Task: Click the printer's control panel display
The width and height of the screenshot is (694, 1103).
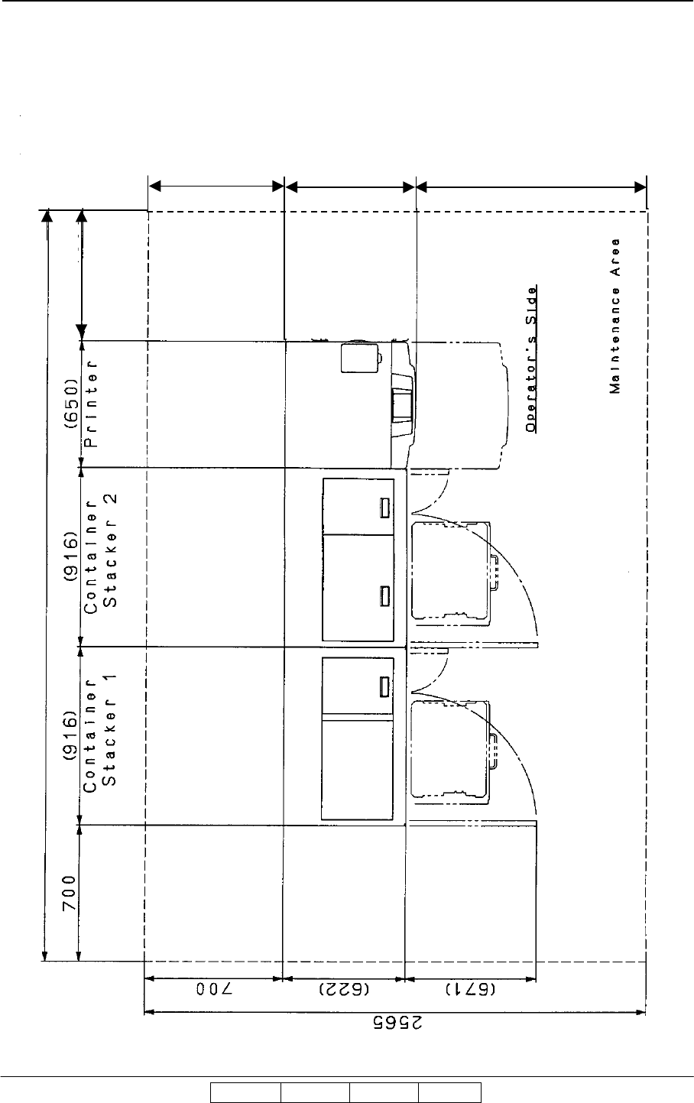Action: tap(401, 405)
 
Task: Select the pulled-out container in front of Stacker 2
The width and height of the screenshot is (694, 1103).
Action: tap(451, 570)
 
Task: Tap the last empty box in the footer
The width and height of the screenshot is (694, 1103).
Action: tap(449, 1093)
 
